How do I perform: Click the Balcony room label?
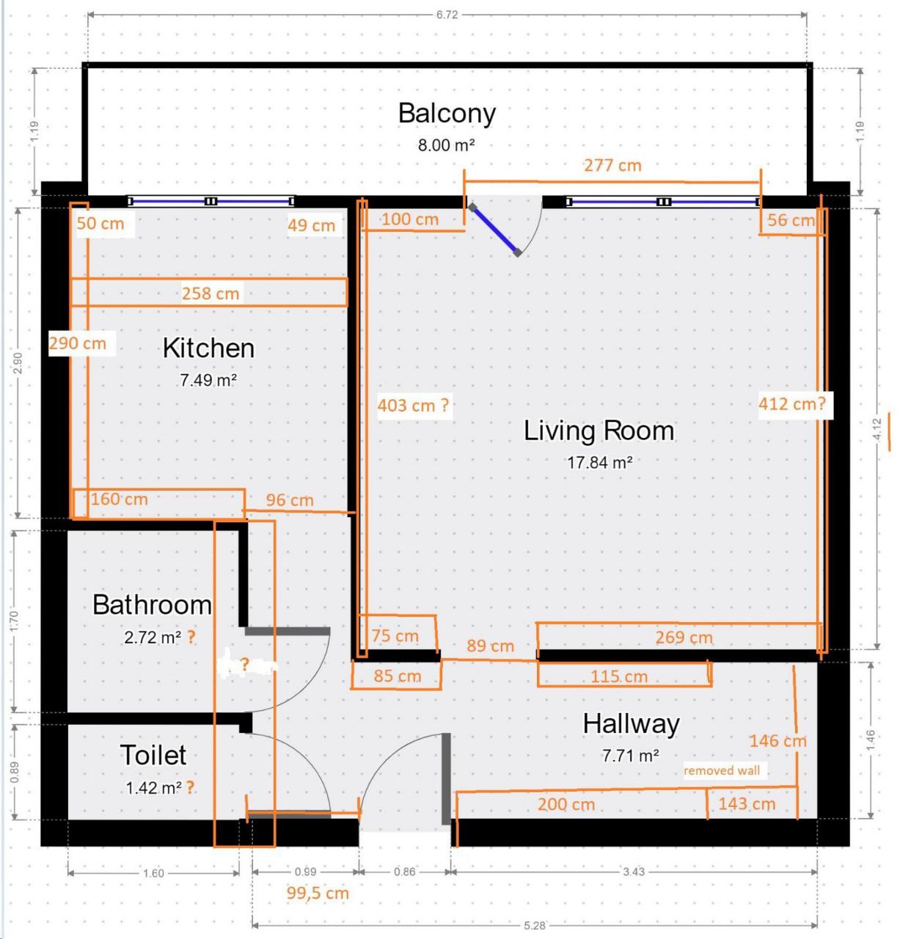[447, 114]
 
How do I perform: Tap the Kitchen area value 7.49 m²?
[208, 380]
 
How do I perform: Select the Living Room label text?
[599, 431]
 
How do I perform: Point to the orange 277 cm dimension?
[612, 166]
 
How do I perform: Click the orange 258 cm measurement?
[211, 293]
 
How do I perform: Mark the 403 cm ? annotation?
[413, 405]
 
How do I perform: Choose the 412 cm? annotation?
[792, 403]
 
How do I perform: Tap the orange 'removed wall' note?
[722, 770]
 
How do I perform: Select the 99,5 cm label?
[318, 894]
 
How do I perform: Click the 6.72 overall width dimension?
[447, 15]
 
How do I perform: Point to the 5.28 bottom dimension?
[534, 926]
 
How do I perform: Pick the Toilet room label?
[153, 755]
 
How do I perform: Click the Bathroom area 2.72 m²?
[153, 637]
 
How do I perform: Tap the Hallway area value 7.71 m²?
[630, 755]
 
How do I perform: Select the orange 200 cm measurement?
[566, 804]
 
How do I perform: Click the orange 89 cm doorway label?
[490, 646]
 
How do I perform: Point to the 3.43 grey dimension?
[633, 872]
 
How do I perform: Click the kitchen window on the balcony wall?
[211, 201]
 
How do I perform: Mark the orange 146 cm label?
[778, 741]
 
